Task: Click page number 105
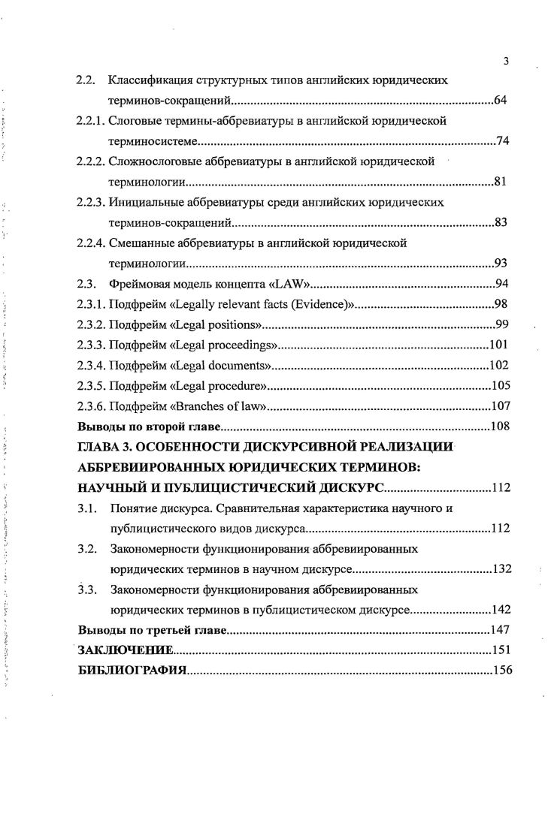tap(500, 386)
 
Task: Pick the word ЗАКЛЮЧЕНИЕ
tap(127, 650)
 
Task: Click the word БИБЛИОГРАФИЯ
tap(132, 670)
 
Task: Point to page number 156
tap(501, 670)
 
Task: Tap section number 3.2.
tap(87, 549)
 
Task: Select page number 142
tap(501, 609)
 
